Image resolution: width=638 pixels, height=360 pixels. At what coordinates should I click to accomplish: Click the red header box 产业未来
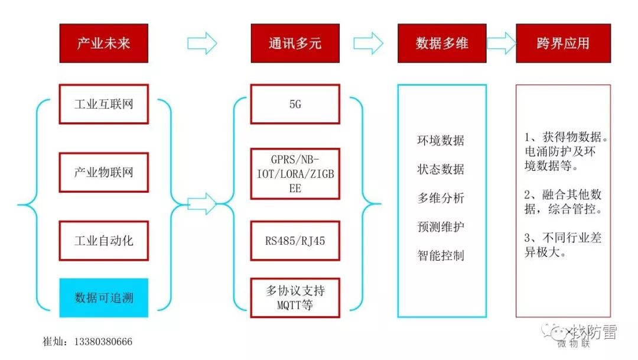point(103,43)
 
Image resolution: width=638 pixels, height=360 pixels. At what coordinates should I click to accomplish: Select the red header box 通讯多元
point(295,43)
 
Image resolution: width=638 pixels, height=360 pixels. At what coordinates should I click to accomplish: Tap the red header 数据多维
point(442,43)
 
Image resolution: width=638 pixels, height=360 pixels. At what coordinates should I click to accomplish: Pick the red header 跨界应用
point(563,43)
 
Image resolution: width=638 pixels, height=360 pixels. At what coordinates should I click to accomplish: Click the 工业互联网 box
point(103,104)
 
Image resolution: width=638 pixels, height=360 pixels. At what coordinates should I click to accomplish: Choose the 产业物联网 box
point(103,173)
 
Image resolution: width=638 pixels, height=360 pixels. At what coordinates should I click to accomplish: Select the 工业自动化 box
point(103,241)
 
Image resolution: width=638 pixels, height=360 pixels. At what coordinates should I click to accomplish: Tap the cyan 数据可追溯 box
point(103,297)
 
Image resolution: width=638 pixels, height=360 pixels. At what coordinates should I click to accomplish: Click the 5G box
point(295,104)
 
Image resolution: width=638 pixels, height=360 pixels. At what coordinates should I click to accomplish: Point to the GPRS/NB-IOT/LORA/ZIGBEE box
point(295,174)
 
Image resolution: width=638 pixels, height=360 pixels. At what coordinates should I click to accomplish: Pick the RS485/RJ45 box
point(295,241)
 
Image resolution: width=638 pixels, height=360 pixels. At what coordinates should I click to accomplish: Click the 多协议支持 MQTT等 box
point(295,297)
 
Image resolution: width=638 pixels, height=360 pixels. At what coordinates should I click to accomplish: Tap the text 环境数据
point(441,141)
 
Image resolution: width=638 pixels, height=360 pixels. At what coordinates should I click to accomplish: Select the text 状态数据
point(441,169)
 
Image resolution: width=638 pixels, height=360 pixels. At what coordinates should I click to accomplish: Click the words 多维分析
point(441,198)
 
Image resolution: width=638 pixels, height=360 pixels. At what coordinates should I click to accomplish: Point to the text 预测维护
point(441,226)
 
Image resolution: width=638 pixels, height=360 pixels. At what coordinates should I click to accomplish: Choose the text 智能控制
point(441,255)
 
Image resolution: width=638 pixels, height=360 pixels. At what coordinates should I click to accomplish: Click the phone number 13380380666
point(103,342)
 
